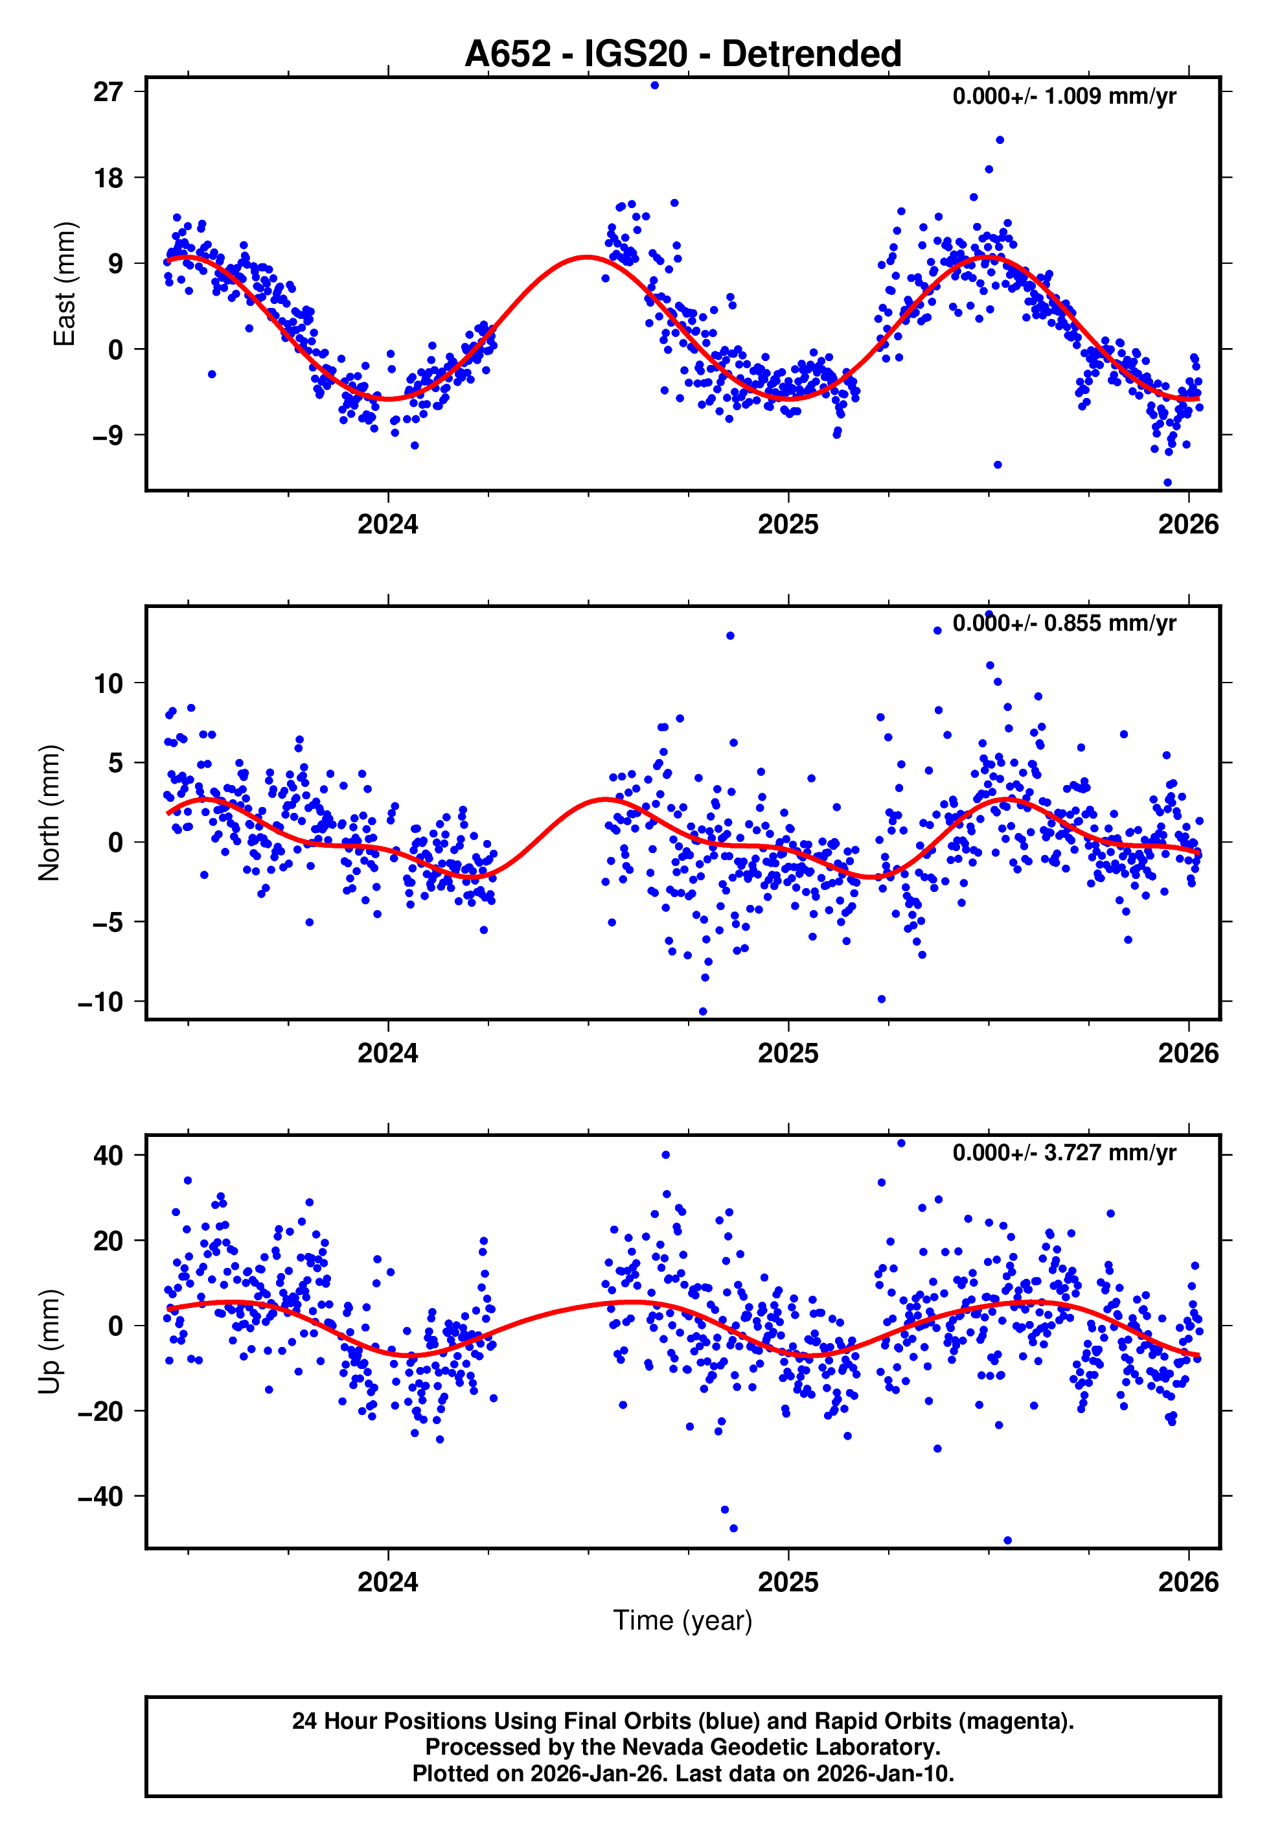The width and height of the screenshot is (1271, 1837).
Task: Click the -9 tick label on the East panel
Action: pyautogui.click(x=108, y=436)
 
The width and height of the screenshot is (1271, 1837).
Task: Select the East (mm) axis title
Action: pyautogui.click(x=63, y=285)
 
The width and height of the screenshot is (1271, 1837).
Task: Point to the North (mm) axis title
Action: pyautogui.click(x=49, y=813)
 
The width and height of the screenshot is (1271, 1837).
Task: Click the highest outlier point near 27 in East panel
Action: pyautogui.click(x=655, y=85)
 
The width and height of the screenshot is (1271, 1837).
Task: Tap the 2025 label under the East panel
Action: pyautogui.click(x=788, y=524)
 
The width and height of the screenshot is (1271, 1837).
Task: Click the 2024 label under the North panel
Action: pyautogui.click(x=388, y=1053)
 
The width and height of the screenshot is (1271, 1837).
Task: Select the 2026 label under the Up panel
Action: pyautogui.click(x=1187, y=1582)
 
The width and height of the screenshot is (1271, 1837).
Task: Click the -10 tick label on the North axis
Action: pyautogui.click(x=100, y=1002)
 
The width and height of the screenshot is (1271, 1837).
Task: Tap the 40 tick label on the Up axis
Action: pyautogui.click(x=108, y=1156)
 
